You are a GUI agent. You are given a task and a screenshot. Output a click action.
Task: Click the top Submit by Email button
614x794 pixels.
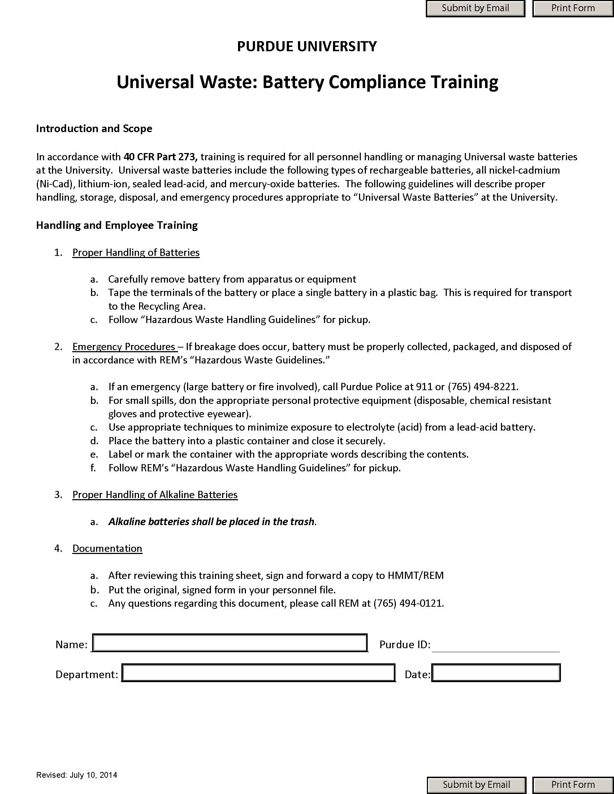click(x=475, y=8)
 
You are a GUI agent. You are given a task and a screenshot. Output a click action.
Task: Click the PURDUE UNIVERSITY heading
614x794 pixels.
click(x=307, y=47)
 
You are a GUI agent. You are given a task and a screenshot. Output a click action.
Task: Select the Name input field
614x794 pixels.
click(x=229, y=643)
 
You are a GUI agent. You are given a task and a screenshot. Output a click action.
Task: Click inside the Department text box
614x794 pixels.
click(x=258, y=673)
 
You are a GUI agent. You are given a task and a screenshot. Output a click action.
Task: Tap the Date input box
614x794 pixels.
click(x=496, y=673)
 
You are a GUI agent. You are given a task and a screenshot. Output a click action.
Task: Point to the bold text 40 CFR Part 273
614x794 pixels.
click(x=160, y=157)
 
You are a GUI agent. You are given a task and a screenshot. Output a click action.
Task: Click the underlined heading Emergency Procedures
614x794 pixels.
click(x=124, y=346)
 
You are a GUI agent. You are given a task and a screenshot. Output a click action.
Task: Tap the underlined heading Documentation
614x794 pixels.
click(x=107, y=548)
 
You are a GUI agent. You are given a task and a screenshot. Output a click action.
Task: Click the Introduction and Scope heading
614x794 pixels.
click(x=94, y=129)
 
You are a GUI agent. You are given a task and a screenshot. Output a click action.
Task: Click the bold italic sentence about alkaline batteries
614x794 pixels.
click(x=211, y=522)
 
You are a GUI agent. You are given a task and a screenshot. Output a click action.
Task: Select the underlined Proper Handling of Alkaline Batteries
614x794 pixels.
click(x=155, y=494)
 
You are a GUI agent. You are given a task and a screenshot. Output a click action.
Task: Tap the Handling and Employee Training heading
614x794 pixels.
click(x=117, y=226)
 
